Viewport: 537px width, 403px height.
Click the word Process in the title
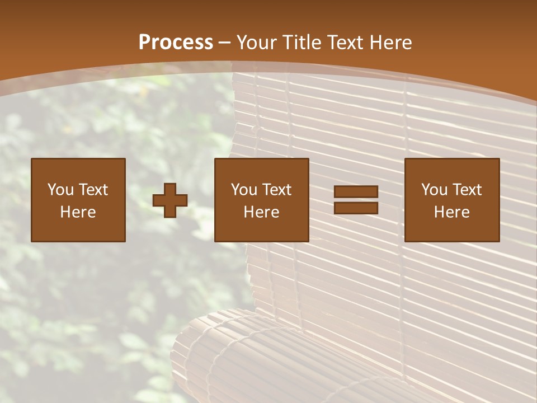[176, 43]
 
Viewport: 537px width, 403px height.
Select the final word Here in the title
[391, 43]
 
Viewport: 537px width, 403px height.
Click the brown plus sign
[170, 200]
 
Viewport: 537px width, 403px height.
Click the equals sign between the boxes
[356, 200]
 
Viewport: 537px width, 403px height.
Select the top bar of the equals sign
[356, 192]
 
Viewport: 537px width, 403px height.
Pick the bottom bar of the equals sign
[356, 208]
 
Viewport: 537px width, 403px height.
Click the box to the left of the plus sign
[78, 200]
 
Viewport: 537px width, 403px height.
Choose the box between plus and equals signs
[262, 200]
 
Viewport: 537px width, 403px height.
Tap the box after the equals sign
[452, 200]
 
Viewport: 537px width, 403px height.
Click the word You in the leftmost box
[60, 190]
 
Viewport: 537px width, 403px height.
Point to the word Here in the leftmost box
[78, 212]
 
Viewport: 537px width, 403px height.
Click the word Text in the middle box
[276, 190]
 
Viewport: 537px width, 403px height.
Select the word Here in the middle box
[261, 212]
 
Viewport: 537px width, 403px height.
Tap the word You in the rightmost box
[434, 190]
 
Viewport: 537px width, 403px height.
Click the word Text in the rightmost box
[467, 190]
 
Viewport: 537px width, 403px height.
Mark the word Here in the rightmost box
[451, 212]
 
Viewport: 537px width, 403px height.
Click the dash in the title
[224, 43]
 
